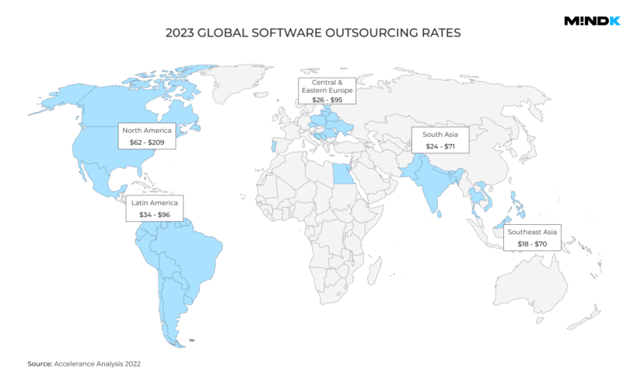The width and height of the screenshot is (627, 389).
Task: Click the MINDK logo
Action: point(592,21)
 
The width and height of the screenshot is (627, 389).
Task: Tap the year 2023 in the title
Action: point(181,33)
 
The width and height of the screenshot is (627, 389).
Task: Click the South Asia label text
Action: point(440,134)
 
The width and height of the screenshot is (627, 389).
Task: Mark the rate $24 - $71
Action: point(440,147)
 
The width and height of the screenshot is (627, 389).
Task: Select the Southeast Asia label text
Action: point(531,232)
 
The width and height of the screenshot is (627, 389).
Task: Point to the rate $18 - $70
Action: point(531,245)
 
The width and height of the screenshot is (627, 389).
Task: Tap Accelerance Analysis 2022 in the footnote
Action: point(97,364)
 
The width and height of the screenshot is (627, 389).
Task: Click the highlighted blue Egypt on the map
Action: point(341,173)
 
